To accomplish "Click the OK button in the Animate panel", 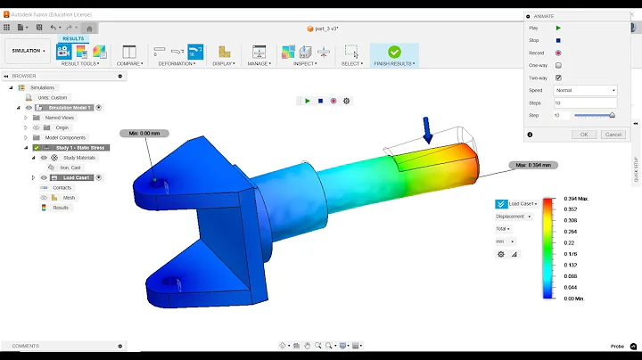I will click(x=583, y=134).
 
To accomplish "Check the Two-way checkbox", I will click(x=558, y=78).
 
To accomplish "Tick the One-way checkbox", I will click(x=558, y=65).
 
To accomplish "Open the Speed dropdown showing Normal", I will click(x=585, y=90).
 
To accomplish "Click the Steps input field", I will click(x=585, y=102).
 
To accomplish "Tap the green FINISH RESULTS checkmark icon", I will click(x=394, y=52).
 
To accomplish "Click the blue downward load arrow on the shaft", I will click(x=428, y=130).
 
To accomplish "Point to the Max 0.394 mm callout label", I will click(x=533, y=165).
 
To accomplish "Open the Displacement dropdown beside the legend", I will click(x=514, y=216).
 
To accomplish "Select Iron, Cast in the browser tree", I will click(x=70, y=167).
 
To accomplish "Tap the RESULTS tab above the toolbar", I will click(x=73, y=39).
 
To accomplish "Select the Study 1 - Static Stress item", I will click(x=81, y=147).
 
